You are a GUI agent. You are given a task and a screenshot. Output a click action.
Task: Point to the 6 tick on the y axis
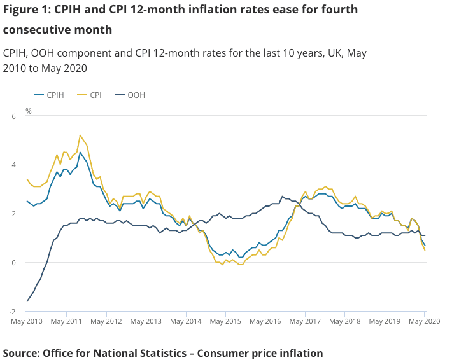tap(13, 116)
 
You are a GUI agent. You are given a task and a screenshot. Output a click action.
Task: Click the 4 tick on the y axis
tap(13, 165)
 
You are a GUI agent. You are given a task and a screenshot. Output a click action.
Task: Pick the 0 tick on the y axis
tap(13, 263)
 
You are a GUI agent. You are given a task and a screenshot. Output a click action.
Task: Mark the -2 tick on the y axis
tap(11, 312)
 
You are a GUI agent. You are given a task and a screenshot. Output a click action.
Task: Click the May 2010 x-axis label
tap(27, 322)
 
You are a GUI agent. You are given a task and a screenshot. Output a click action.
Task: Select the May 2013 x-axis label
tap(146, 322)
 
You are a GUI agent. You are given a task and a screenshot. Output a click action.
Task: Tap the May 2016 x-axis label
tap(266, 322)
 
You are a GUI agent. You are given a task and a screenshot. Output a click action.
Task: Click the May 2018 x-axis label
tap(345, 322)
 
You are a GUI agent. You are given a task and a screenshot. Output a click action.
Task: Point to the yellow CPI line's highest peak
tap(80, 135)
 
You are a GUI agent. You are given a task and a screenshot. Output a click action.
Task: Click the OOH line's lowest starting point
tap(27, 301)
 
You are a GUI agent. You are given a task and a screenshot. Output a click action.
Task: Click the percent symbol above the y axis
tap(29, 111)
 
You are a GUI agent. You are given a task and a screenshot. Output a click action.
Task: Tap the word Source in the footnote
tap(22, 353)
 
